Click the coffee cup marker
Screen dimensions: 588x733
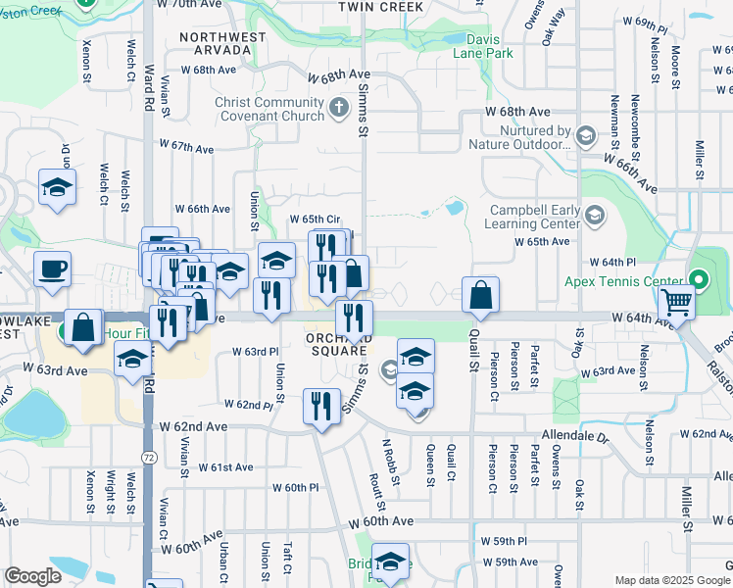click(52, 268)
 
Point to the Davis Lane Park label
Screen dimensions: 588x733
click(482, 46)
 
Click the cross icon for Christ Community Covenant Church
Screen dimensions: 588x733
click(338, 107)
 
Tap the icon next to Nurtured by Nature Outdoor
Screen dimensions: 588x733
click(586, 135)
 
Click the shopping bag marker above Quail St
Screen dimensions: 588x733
click(480, 295)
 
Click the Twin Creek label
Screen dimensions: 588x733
click(381, 7)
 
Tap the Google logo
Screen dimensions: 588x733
click(32, 576)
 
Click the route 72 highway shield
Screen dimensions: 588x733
click(148, 457)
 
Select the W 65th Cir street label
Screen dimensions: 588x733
click(314, 220)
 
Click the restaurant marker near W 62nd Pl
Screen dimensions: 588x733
click(322, 405)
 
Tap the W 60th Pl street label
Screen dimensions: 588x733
click(295, 487)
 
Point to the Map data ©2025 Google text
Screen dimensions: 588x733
click(671, 580)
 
